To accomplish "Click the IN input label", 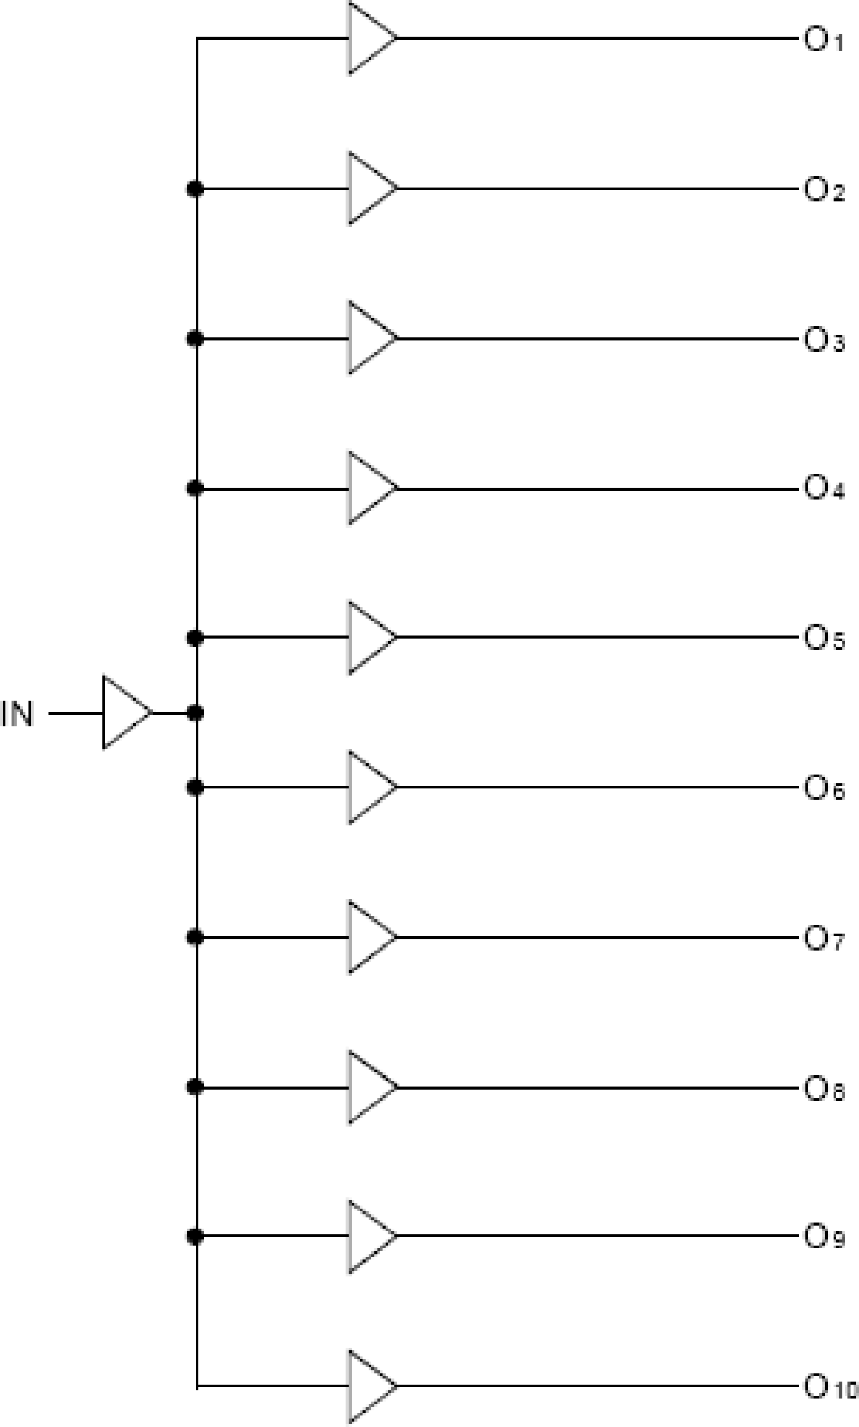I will [x=17, y=714].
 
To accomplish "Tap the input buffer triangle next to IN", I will [x=123, y=712].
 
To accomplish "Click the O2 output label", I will [x=823, y=190].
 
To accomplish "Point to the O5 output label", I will [x=823, y=639].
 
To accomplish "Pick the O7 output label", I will [x=823, y=938].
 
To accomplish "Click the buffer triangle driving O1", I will [x=368, y=38].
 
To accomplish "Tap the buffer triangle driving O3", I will [x=368, y=338].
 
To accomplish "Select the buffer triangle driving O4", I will [x=368, y=489].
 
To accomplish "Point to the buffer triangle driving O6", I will [x=368, y=788].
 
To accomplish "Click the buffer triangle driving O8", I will [x=368, y=1088].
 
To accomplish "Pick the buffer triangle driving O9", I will [x=368, y=1237].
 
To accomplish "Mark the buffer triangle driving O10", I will [x=368, y=1387].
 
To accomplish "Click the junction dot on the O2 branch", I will [x=196, y=188].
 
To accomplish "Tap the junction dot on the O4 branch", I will [x=196, y=489].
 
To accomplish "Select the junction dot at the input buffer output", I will [x=196, y=712].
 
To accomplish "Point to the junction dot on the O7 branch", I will [x=196, y=937].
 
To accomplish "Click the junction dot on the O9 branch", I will [x=196, y=1237].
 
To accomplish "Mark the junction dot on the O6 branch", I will [x=196, y=788].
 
